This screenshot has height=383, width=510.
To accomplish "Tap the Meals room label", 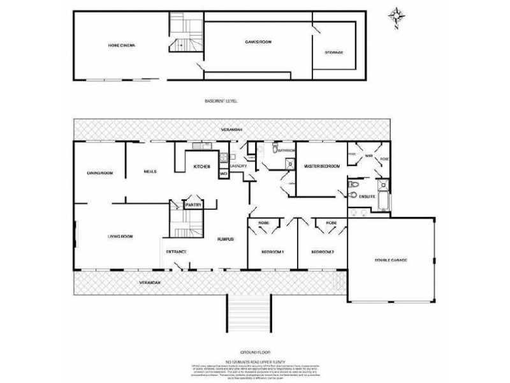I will [x=150, y=171].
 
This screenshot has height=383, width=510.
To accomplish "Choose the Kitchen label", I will [x=202, y=167].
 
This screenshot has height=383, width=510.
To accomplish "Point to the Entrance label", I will [x=176, y=252].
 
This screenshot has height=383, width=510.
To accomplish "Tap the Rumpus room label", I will [x=226, y=239].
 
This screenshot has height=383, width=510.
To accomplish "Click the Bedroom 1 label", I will [x=272, y=252].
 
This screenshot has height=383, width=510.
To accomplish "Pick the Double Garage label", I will [x=390, y=260].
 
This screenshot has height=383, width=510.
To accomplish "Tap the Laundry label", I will [x=247, y=167].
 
